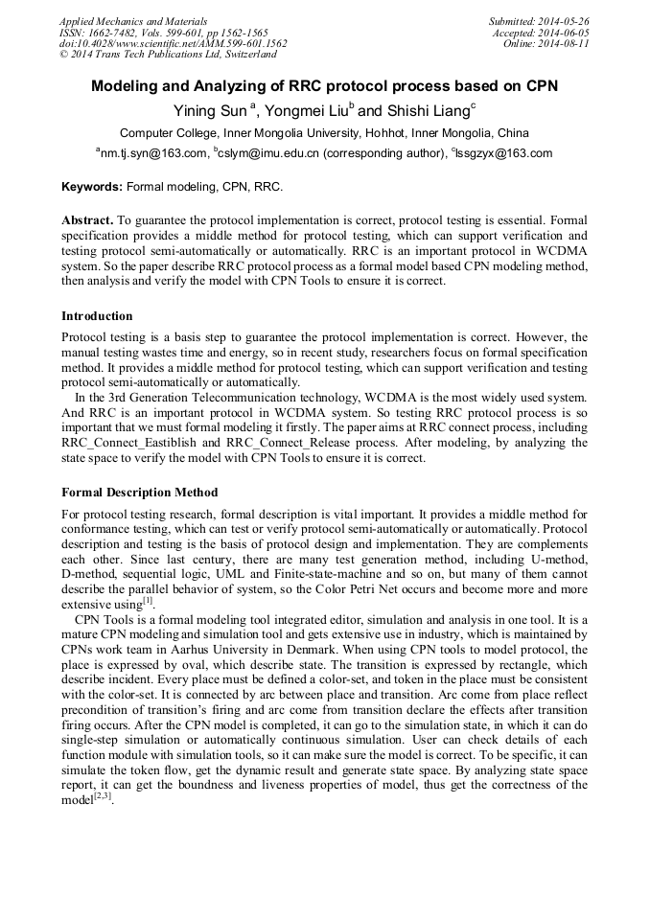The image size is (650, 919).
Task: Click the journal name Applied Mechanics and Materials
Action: tap(133, 20)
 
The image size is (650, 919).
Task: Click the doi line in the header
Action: tap(173, 43)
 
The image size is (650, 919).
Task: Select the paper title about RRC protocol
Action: tap(324, 86)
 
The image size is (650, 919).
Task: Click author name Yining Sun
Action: tap(208, 110)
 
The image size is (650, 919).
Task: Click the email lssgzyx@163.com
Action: tap(508, 153)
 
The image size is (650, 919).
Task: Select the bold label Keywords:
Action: tap(92, 187)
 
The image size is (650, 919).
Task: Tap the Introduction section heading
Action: tap(97, 316)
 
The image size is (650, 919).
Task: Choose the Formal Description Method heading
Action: tap(140, 493)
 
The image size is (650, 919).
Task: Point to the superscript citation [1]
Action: tap(148, 602)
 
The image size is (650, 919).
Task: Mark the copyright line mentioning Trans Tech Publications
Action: tap(168, 55)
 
